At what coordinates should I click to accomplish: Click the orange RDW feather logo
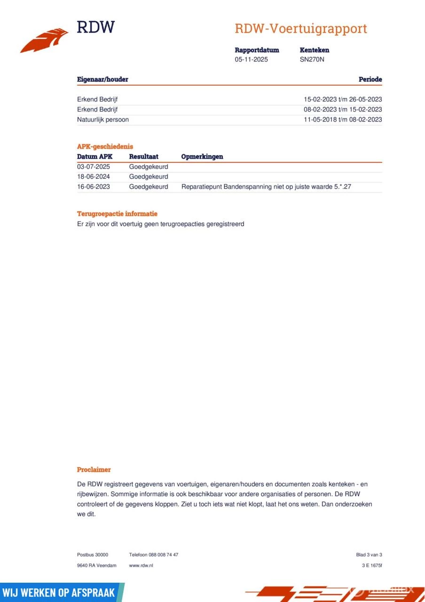click(45, 40)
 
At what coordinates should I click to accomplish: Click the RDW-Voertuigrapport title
click(300, 29)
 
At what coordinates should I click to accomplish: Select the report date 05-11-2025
click(252, 60)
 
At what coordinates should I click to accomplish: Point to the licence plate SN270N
click(312, 60)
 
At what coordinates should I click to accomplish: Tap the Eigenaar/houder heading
click(102, 79)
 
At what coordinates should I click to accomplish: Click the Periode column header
click(370, 79)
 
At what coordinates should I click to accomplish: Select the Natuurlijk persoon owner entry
click(103, 119)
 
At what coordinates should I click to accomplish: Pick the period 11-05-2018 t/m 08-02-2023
click(343, 119)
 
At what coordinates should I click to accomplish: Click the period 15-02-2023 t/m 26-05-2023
click(343, 99)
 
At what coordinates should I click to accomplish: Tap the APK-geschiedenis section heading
click(105, 146)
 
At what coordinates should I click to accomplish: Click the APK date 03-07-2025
click(94, 166)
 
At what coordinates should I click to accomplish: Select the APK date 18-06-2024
click(94, 177)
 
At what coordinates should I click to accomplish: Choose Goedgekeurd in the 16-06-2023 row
click(149, 187)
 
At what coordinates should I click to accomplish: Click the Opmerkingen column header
click(202, 157)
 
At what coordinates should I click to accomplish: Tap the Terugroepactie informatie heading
click(117, 214)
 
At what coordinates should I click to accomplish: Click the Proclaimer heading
click(94, 469)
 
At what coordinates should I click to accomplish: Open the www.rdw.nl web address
click(141, 565)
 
